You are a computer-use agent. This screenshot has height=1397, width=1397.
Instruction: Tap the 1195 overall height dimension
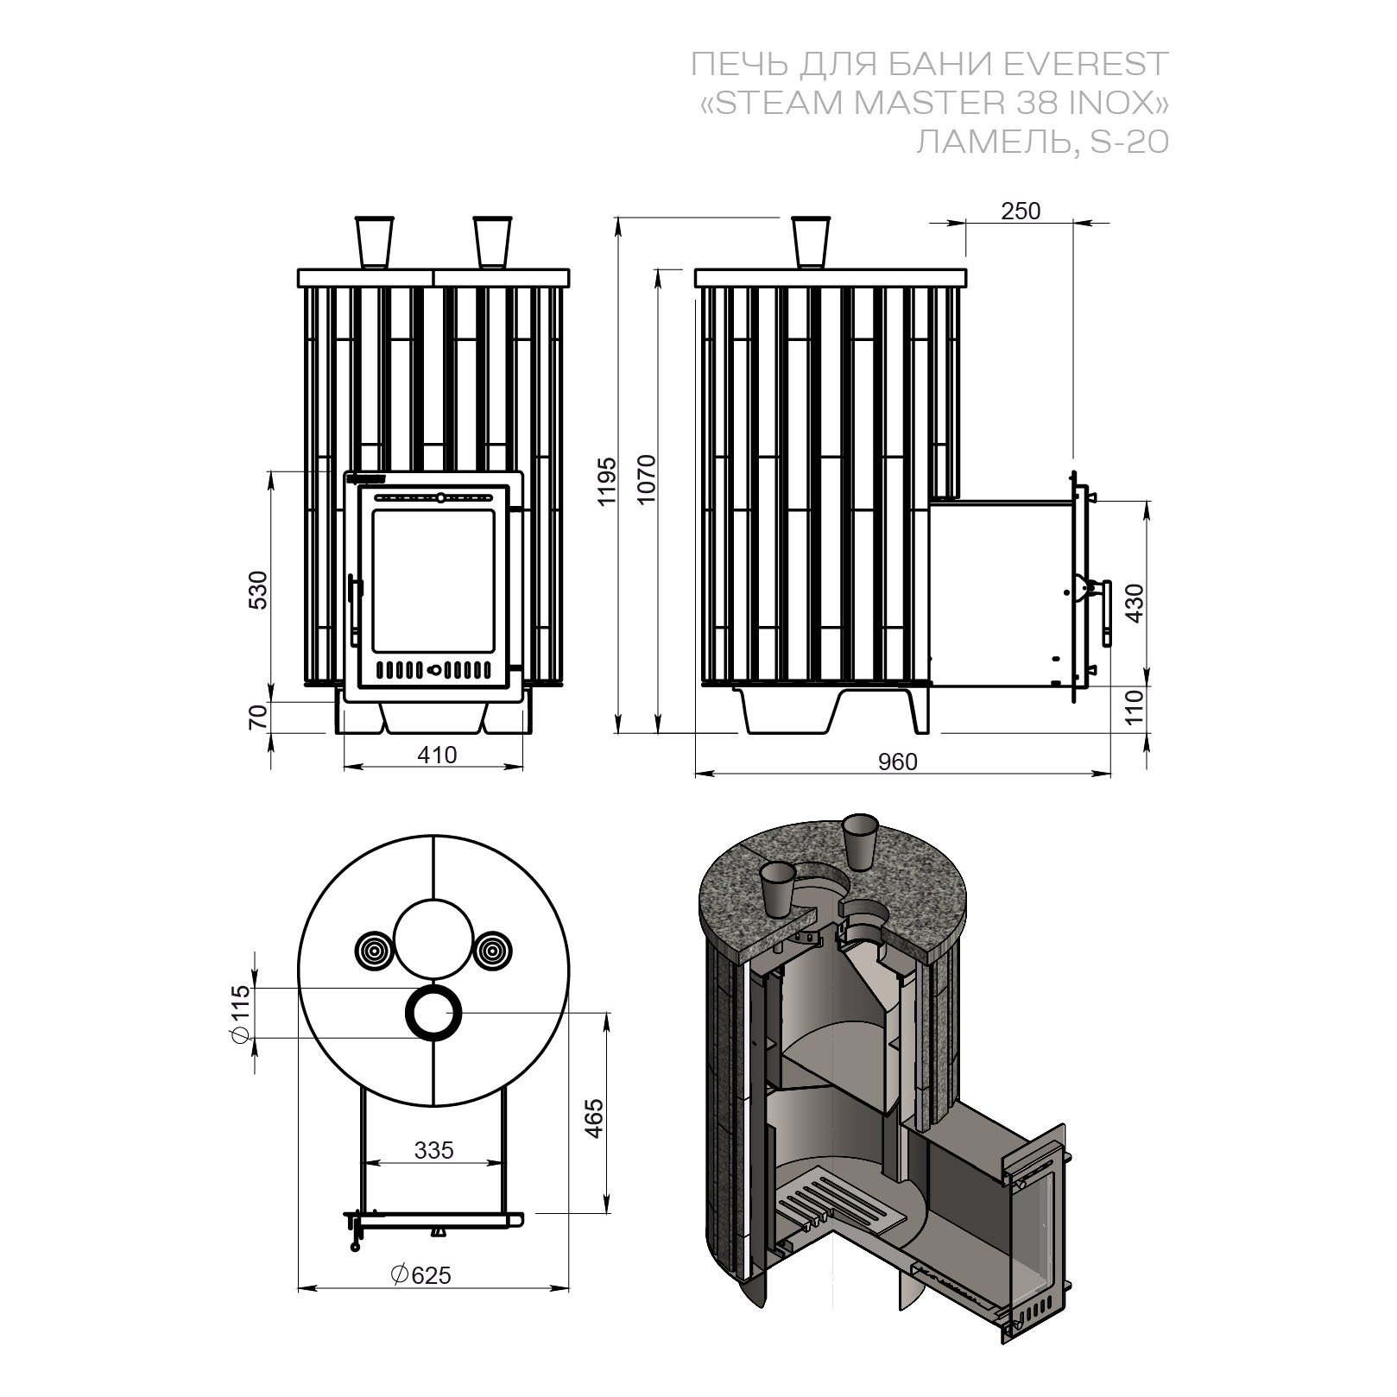tap(607, 481)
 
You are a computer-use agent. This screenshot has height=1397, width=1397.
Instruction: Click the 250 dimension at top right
tap(1021, 211)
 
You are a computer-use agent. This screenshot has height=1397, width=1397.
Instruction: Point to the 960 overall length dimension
tap(898, 761)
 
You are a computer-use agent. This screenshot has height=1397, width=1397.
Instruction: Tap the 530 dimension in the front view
tap(259, 590)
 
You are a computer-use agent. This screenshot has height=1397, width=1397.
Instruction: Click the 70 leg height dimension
tap(259, 718)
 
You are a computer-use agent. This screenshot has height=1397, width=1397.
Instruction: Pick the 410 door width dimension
tap(437, 755)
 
